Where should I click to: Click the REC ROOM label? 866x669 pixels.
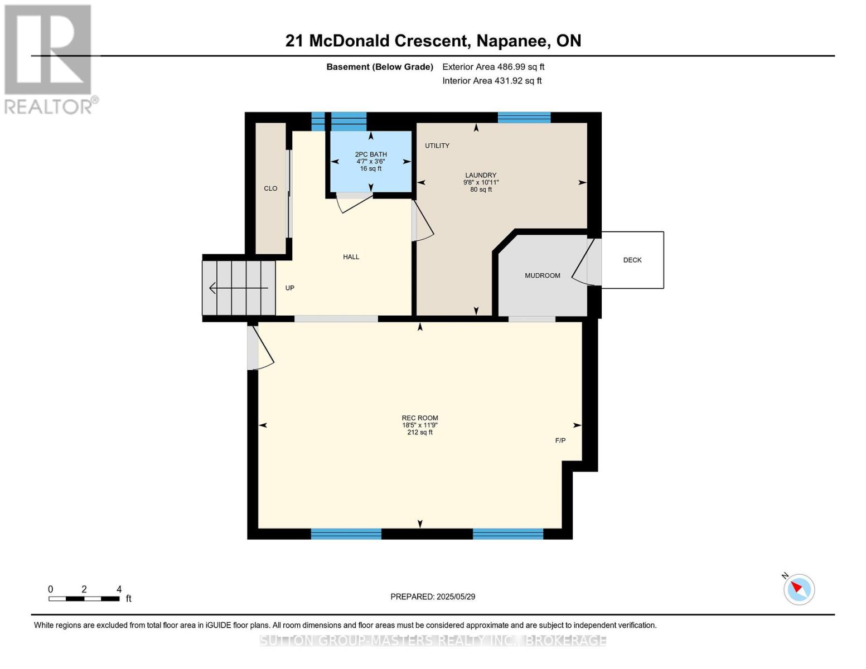(x=420, y=418)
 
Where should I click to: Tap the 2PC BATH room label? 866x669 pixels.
(x=371, y=154)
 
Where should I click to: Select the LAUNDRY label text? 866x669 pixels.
(x=481, y=175)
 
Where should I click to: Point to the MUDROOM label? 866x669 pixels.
(x=542, y=275)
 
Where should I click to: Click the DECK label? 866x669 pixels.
(x=632, y=260)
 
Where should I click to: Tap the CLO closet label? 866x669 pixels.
(x=270, y=188)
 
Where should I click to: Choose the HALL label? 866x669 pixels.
(x=351, y=257)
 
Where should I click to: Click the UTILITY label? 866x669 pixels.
(x=437, y=146)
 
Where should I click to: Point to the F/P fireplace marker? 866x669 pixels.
(x=560, y=440)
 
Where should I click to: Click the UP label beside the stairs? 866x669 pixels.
(x=290, y=288)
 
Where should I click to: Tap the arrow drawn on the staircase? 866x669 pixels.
(x=238, y=288)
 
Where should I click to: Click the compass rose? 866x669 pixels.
(x=799, y=589)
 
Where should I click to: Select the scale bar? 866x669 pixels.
(x=84, y=598)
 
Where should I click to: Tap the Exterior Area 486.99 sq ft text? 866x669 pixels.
(x=493, y=66)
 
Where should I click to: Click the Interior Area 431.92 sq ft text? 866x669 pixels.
(x=492, y=80)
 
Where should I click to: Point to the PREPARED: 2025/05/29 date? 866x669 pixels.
(x=432, y=597)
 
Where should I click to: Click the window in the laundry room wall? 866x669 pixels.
(x=524, y=118)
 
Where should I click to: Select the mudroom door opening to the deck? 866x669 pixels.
(x=587, y=262)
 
